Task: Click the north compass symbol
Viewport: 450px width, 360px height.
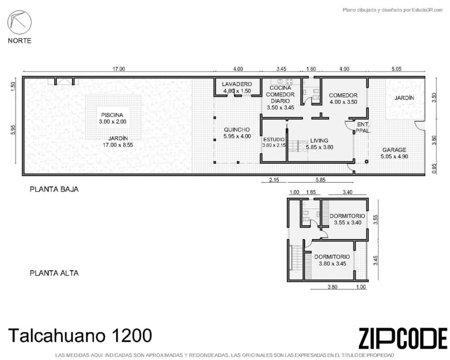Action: (19, 22)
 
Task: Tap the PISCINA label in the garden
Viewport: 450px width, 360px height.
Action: (112, 115)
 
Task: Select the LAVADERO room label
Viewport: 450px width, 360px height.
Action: (237, 84)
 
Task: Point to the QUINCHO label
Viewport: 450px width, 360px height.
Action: (237, 129)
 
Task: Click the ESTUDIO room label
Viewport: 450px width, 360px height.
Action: (274, 140)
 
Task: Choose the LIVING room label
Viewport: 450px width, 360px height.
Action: (319, 141)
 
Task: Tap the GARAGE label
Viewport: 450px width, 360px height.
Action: (394, 150)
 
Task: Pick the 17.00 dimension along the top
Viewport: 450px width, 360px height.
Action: (119, 69)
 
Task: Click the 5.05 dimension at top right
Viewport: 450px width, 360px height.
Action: (396, 69)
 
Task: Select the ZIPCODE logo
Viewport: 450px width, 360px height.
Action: (403, 338)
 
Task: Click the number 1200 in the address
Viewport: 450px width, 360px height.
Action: (132, 335)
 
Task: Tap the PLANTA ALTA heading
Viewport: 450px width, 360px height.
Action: (54, 273)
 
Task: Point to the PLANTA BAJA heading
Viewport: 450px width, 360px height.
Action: (54, 190)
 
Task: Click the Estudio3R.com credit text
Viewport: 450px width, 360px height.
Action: (427, 10)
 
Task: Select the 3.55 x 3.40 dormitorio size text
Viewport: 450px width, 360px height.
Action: (347, 222)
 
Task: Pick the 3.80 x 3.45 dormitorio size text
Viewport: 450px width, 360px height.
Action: (332, 263)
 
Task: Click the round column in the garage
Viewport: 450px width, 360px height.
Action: (366, 162)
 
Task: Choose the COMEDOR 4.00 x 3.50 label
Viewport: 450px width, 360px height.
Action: (343, 98)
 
